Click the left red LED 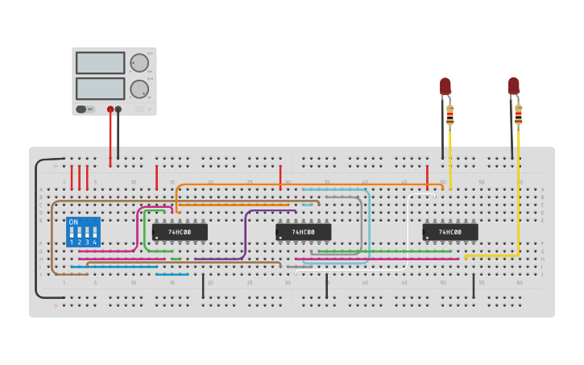click(x=445, y=85)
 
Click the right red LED click(x=514, y=85)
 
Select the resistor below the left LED click(x=449, y=116)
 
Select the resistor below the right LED click(x=518, y=115)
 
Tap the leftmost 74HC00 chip click(x=180, y=232)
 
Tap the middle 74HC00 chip click(x=303, y=232)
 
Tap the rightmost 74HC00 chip click(x=450, y=232)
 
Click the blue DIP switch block click(x=83, y=231)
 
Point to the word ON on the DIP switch click(x=73, y=222)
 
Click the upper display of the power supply click(x=100, y=63)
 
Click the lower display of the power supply click(x=100, y=88)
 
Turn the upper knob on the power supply click(x=139, y=63)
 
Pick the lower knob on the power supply click(x=139, y=89)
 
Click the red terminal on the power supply click(x=110, y=109)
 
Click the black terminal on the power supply click(x=118, y=109)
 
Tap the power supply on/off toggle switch click(x=81, y=109)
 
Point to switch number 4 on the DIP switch click(x=94, y=234)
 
